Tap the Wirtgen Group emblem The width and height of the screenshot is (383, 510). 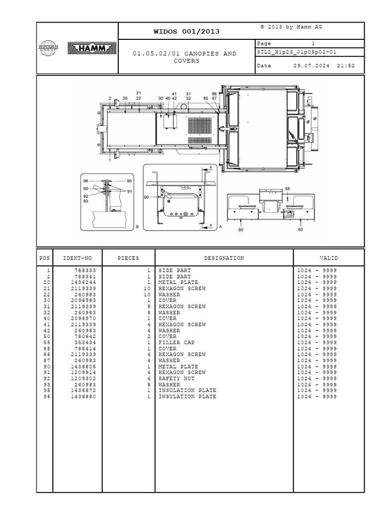pos(48,48)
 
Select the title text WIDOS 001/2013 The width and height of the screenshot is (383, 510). pos(187,32)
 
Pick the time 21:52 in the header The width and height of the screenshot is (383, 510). pos(346,66)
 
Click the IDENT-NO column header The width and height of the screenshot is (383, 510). pos(77,258)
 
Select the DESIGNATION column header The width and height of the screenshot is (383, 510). pos(224,258)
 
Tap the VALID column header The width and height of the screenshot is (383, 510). pos(329,258)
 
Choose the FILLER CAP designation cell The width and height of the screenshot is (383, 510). pos(177,343)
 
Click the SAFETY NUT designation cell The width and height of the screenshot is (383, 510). pos(177,379)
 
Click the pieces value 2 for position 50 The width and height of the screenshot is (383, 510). pos(149,337)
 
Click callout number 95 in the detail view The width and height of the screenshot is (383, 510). pos(129,181)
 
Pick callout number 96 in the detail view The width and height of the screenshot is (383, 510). pos(86,181)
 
